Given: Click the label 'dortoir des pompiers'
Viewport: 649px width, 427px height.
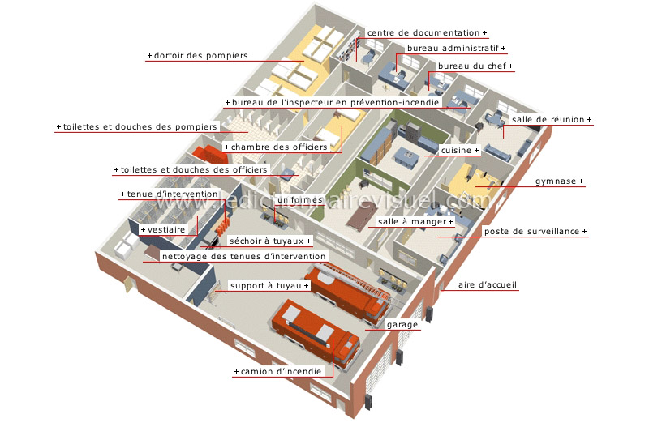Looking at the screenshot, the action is [200, 55].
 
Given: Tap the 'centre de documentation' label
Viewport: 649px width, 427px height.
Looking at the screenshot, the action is [423, 32].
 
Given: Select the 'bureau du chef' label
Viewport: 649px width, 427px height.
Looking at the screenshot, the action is [472, 66].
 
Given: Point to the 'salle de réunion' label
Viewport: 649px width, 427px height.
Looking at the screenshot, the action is [548, 119].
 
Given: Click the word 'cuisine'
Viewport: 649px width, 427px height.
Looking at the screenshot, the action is [456, 151].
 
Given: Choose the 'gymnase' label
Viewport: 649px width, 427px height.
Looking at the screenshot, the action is [556, 181].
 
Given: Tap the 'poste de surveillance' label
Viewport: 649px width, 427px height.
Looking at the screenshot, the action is [531, 232].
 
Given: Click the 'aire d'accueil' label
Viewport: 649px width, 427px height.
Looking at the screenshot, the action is [488, 285].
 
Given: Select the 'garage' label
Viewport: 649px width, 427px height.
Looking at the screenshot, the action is [402, 325].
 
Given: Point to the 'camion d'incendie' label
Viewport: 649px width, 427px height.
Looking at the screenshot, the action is [281, 372].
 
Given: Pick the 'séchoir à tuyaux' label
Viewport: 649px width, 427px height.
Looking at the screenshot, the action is [267, 241].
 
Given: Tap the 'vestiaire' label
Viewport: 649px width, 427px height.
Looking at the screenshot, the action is [166, 230].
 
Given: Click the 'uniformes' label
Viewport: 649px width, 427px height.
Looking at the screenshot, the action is [299, 199].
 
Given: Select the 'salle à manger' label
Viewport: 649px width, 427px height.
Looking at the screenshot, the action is [412, 222].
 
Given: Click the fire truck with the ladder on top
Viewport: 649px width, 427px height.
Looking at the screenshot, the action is [350, 292].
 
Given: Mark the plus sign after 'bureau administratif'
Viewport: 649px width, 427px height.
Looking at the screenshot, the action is [503, 49].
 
